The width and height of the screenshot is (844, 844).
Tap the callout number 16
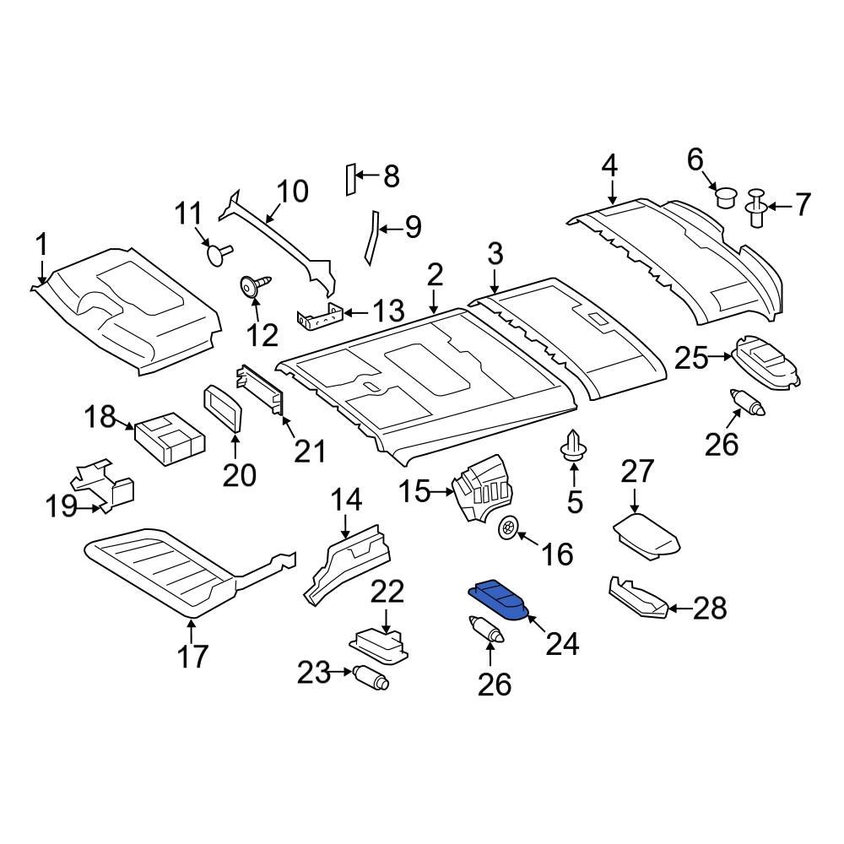[557, 555]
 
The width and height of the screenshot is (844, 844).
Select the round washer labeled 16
[509, 528]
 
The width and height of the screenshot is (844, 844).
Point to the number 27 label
[638, 472]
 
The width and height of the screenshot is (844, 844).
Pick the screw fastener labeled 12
[255, 287]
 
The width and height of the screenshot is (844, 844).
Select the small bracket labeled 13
[321, 317]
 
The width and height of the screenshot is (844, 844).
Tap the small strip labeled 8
[347, 178]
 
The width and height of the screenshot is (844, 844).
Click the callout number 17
[192, 655]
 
